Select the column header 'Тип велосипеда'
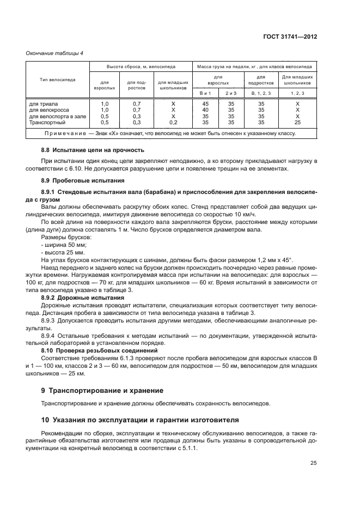click(x=57, y=79)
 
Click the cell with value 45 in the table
click(x=205, y=103)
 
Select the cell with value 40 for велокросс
click(x=205, y=110)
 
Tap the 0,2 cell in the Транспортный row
click(x=173, y=123)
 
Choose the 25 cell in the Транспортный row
click(x=297, y=123)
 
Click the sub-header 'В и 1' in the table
click(x=205, y=94)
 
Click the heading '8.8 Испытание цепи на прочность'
click(x=93, y=149)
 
